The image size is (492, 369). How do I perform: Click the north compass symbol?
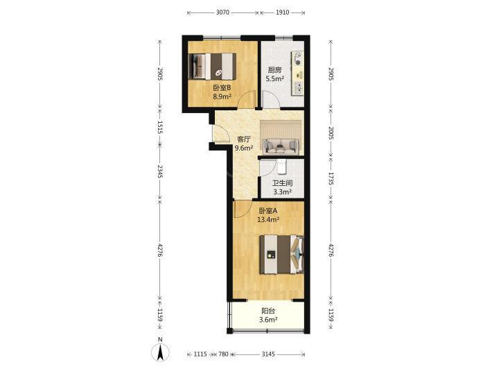coord(160,351)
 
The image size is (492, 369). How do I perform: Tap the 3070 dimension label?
coord(222,12)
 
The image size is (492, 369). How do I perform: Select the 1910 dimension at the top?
coord(283,12)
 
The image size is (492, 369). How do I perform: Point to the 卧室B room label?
coord(222,88)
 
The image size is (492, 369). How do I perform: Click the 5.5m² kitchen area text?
coord(275,79)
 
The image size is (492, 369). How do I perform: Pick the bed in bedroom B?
coord(213,67)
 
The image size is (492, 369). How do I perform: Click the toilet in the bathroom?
coord(282,166)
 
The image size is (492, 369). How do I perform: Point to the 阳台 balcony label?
coord(268,311)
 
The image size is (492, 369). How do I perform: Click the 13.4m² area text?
coord(268,219)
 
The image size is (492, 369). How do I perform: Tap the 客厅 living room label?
coord(244,139)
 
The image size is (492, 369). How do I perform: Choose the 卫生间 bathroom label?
coord(283,183)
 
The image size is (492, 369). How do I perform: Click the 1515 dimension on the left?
coord(160,128)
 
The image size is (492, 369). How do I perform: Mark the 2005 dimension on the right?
coord(331,133)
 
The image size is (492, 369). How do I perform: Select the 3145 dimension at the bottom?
coord(268,354)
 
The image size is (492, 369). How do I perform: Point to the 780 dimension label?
coord(223,354)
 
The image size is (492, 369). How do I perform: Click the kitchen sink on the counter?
coord(298,87)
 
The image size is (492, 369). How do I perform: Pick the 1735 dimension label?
coord(331,178)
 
